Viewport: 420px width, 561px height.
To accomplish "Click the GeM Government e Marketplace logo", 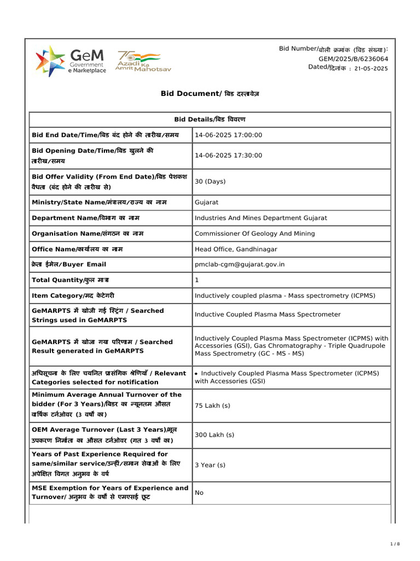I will click(x=71, y=61).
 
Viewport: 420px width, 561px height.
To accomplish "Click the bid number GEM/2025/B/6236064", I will click(x=353, y=59).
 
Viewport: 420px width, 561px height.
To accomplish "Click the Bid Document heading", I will click(x=210, y=94).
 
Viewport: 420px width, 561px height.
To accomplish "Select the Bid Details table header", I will click(x=210, y=119).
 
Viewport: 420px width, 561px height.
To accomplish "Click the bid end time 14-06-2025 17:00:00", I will click(x=229, y=135).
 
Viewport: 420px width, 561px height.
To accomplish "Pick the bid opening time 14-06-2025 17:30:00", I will click(x=229, y=156).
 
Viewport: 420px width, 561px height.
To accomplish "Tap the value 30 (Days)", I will click(x=210, y=181).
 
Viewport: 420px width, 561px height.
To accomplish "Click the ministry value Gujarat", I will click(x=207, y=202).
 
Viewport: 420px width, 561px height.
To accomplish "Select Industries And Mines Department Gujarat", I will click(x=261, y=218).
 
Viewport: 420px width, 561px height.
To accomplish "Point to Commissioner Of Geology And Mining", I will click(x=255, y=233).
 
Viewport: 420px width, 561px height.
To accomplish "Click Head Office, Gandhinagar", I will click(x=236, y=249).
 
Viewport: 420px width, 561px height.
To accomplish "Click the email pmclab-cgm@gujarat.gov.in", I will click(x=240, y=265).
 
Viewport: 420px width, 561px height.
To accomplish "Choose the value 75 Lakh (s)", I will click(x=212, y=405).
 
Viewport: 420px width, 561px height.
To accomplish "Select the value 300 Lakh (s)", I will click(x=214, y=434).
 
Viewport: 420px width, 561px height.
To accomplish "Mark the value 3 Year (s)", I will click(x=210, y=465).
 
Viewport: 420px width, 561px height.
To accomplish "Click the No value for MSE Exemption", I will click(x=199, y=493).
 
